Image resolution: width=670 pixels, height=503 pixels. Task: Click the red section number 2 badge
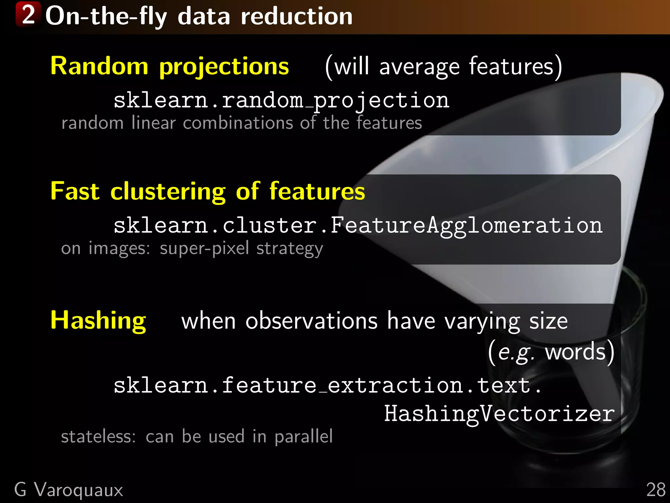[28, 14]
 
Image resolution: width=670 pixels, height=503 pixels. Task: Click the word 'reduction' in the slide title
[297, 16]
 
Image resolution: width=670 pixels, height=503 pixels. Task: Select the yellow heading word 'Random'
[99, 66]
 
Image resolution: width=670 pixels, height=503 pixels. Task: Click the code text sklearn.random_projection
[281, 100]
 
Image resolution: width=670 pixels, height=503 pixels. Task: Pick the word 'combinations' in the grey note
[238, 123]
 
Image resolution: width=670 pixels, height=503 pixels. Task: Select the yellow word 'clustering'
[168, 192]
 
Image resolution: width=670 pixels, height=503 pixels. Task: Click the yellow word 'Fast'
[75, 191]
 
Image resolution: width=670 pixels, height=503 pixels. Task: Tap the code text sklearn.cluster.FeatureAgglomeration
[358, 226]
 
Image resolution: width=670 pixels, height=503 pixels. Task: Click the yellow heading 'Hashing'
[98, 321]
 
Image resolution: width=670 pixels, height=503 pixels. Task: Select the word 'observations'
[311, 321]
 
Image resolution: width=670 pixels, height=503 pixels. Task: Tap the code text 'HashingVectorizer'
[499, 414]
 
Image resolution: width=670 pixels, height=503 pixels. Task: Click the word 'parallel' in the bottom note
[303, 437]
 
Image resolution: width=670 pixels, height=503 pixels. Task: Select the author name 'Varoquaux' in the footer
[79, 490]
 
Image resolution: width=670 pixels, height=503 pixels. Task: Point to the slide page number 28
[656, 490]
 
